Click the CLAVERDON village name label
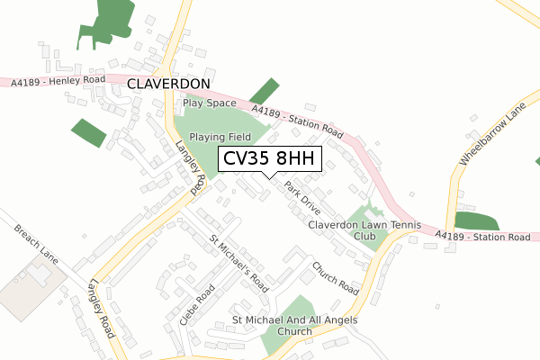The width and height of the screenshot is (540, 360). [x=169, y=84]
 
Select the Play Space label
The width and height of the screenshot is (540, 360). [x=209, y=103]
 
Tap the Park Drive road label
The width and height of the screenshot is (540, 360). [x=301, y=198]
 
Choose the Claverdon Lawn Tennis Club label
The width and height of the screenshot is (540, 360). [x=351, y=230]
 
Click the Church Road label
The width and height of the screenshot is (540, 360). [x=336, y=278]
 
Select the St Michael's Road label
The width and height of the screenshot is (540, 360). [x=238, y=264]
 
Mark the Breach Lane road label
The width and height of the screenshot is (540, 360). [x=36, y=245]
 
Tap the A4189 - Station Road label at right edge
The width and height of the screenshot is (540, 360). [x=482, y=237]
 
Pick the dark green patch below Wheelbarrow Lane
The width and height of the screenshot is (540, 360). [x=476, y=222]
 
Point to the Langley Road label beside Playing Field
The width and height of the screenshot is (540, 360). [x=191, y=168]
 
